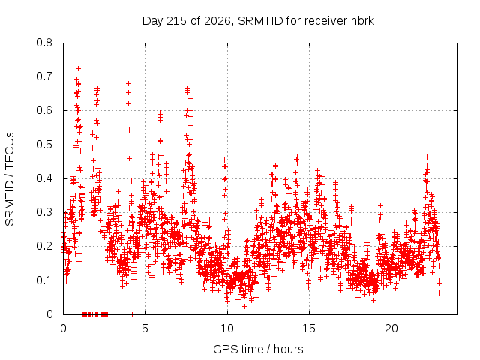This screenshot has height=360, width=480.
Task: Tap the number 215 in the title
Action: click(176, 21)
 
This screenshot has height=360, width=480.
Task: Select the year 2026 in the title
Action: click(217, 21)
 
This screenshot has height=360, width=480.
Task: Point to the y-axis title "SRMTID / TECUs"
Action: click(10, 179)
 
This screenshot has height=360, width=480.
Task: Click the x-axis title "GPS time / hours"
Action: click(258, 349)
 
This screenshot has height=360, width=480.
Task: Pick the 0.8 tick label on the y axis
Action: click(44, 43)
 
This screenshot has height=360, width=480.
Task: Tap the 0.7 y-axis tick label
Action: click(44, 76)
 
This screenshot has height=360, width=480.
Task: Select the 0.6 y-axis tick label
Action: click(44, 110)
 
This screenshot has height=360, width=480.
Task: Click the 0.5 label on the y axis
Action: click(44, 145)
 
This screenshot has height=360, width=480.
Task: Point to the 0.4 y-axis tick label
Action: click(44, 178)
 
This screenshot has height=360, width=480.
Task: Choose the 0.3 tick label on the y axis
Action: click(44, 212)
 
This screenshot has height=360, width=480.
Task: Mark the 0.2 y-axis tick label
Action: click(44, 247)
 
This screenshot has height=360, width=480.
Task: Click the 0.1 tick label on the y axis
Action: click(44, 280)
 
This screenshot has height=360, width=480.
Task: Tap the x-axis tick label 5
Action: click(145, 328)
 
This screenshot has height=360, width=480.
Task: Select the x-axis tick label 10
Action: click(227, 328)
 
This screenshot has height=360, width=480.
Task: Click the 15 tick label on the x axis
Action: click(309, 328)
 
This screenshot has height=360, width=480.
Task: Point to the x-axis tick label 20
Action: click(391, 328)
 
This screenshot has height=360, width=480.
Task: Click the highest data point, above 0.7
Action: click(78, 68)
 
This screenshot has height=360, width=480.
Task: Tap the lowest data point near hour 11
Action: click(244, 306)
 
